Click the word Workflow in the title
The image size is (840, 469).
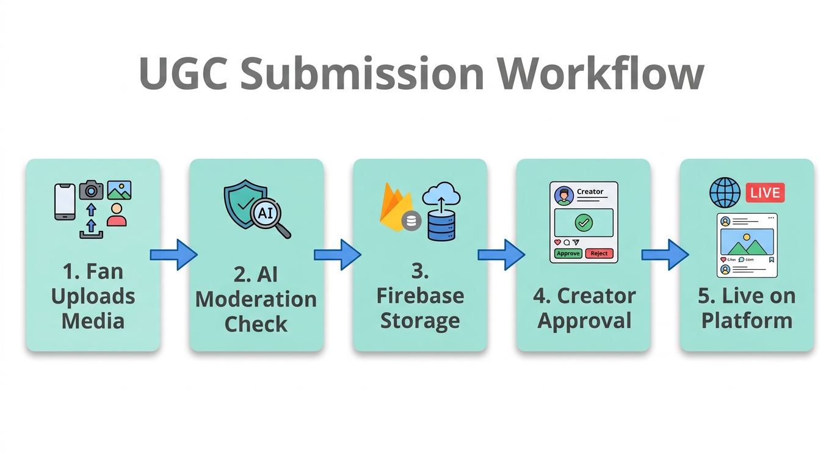pyautogui.click(x=601, y=73)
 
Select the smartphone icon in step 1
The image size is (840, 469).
pyautogui.click(x=65, y=201)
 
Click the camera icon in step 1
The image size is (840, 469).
pyautogui.click(x=91, y=190)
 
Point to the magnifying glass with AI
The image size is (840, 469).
pyautogui.click(x=269, y=215)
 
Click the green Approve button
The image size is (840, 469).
pyautogui.click(x=568, y=253)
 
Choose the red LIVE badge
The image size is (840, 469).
pyautogui.click(x=765, y=193)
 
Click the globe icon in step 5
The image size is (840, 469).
pyautogui.click(x=725, y=193)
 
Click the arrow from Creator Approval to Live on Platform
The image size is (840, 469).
pyautogui.click(x=665, y=254)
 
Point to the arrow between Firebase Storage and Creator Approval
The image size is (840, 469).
pyautogui.click(x=501, y=254)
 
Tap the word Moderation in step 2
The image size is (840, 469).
pyautogui.click(x=256, y=299)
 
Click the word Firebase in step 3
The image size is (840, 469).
pyautogui.click(x=420, y=296)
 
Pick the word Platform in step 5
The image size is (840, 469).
pyautogui.click(x=747, y=321)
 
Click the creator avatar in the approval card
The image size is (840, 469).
pyautogui.click(x=563, y=195)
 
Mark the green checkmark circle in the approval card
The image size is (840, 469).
pyautogui.click(x=584, y=223)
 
